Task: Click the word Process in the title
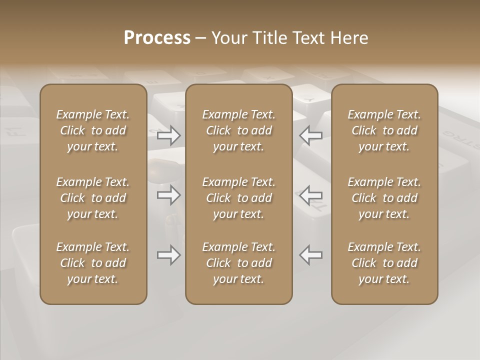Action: (x=157, y=37)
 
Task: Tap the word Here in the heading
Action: (x=349, y=37)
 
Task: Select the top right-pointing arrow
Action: (x=168, y=135)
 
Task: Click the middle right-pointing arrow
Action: (x=168, y=195)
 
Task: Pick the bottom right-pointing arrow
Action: (x=168, y=255)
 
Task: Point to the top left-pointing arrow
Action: (x=310, y=135)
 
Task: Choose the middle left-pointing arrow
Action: (x=310, y=195)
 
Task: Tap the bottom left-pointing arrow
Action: (x=310, y=255)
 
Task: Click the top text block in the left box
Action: (x=93, y=130)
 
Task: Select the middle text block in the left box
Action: (x=93, y=198)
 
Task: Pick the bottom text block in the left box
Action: (x=93, y=263)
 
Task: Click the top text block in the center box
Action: (x=239, y=130)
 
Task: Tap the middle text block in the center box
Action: (x=239, y=198)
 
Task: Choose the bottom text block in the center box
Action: (x=239, y=263)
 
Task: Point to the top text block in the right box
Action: (x=384, y=130)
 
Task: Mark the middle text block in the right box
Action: (x=384, y=198)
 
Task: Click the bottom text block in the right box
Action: (x=384, y=263)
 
